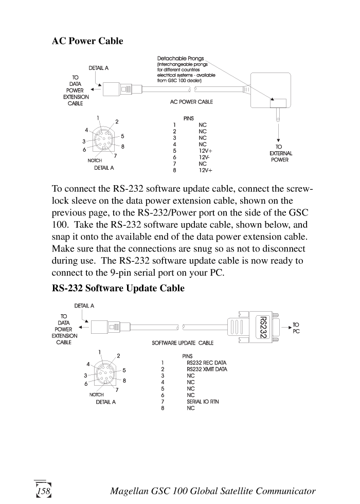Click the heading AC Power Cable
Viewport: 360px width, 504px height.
tap(87, 41)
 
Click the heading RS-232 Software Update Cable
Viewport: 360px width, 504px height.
tap(118, 288)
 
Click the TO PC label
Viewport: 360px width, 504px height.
tap(296, 328)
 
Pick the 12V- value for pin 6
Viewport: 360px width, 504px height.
tap(204, 157)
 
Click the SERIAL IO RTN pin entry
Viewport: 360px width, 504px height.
tap(203, 402)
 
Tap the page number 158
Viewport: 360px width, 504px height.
tap(44, 491)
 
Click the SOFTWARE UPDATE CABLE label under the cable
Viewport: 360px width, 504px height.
tap(183, 343)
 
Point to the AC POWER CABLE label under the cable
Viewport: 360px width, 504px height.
tap(191, 102)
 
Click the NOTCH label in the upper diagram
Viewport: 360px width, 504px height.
tap(95, 160)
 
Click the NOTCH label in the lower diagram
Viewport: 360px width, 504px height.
tap(96, 395)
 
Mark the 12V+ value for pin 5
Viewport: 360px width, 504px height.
tap(205, 151)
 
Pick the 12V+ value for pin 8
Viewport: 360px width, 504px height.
tap(205, 170)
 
